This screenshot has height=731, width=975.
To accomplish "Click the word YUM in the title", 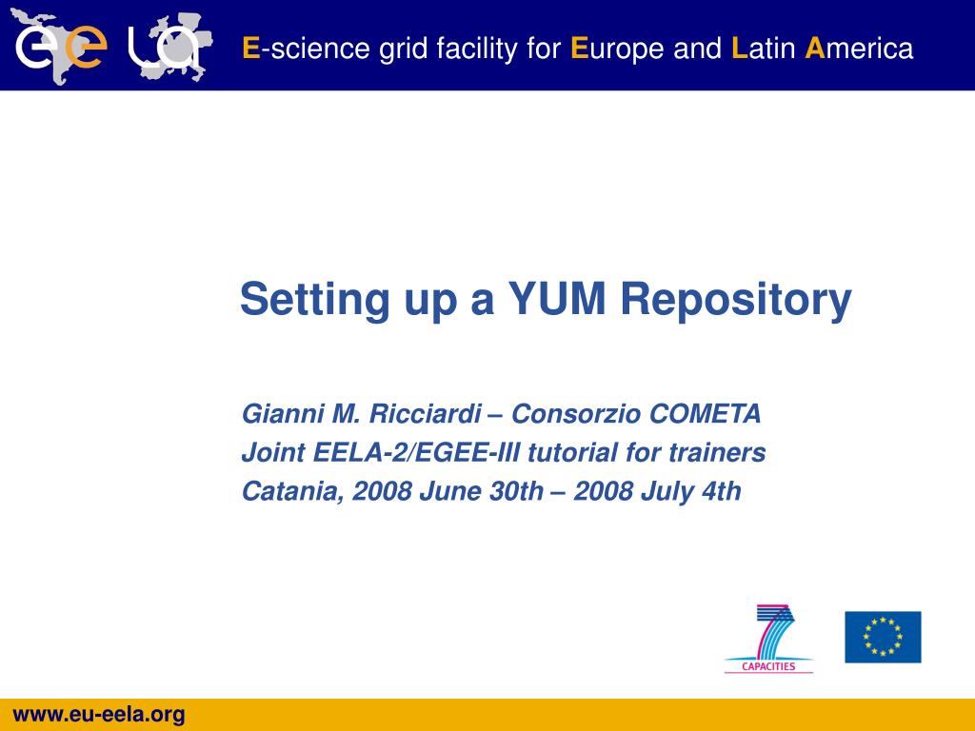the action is click(x=556, y=299).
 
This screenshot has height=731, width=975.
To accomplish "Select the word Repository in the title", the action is click(x=736, y=302).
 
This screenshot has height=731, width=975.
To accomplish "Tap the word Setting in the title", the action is click(x=314, y=302).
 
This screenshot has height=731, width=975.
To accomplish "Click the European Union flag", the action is click(x=883, y=637).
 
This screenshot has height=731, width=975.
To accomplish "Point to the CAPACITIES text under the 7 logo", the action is click(x=768, y=666).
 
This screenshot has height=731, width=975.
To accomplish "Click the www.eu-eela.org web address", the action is click(x=99, y=715).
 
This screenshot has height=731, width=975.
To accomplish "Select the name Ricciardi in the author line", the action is click(x=426, y=414).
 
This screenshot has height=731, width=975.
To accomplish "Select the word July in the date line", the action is click(x=667, y=493).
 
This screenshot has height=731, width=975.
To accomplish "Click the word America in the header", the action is click(x=859, y=49).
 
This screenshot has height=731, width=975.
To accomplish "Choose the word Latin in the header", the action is click(x=764, y=49).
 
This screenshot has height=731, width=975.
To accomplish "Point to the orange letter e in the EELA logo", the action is click(x=85, y=48).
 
